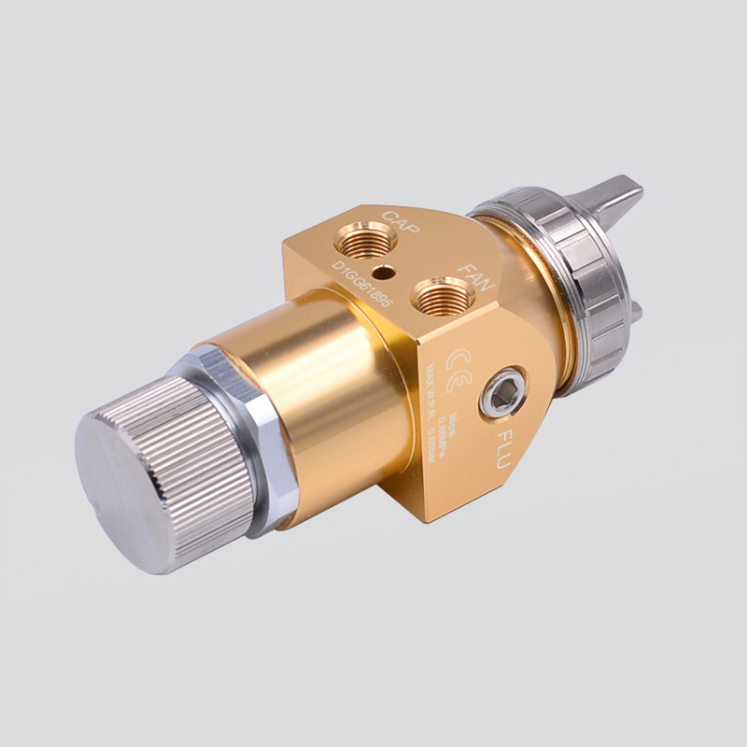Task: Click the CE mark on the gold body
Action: tap(458, 360)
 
